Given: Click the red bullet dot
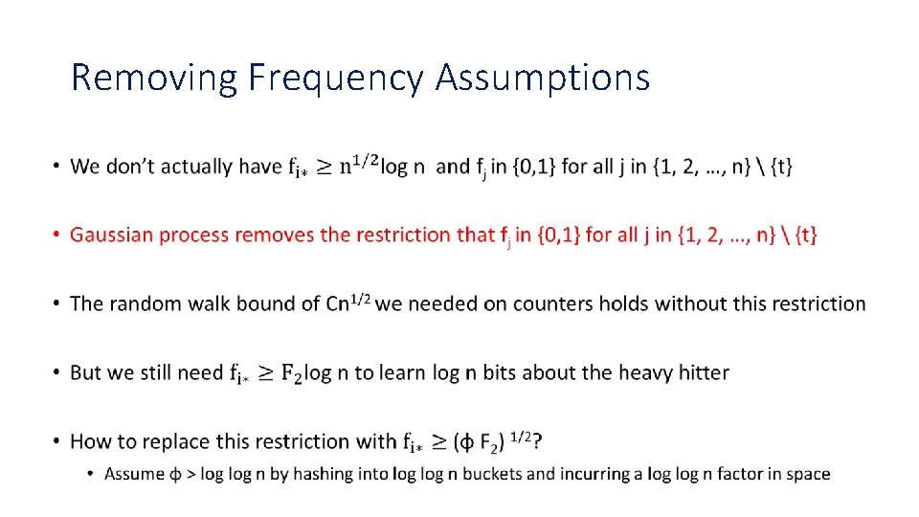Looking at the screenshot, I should coord(57,235).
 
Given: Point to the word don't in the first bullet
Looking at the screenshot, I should coord(130,167).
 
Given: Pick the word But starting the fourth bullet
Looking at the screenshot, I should coord(86,372).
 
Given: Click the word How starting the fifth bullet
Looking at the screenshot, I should coord(91,441).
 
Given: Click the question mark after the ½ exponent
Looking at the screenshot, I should coord(538,441).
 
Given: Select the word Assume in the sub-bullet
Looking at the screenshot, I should coord(130,474).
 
